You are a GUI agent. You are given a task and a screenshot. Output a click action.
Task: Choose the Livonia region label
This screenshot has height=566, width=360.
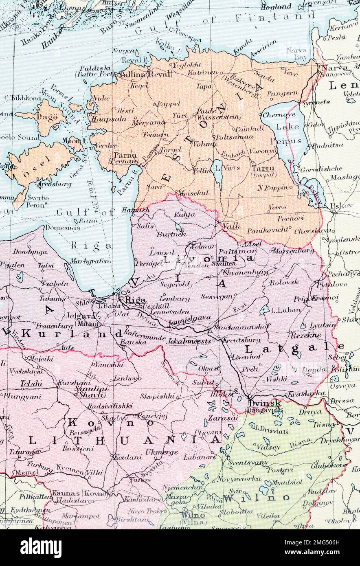click(208, 258)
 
